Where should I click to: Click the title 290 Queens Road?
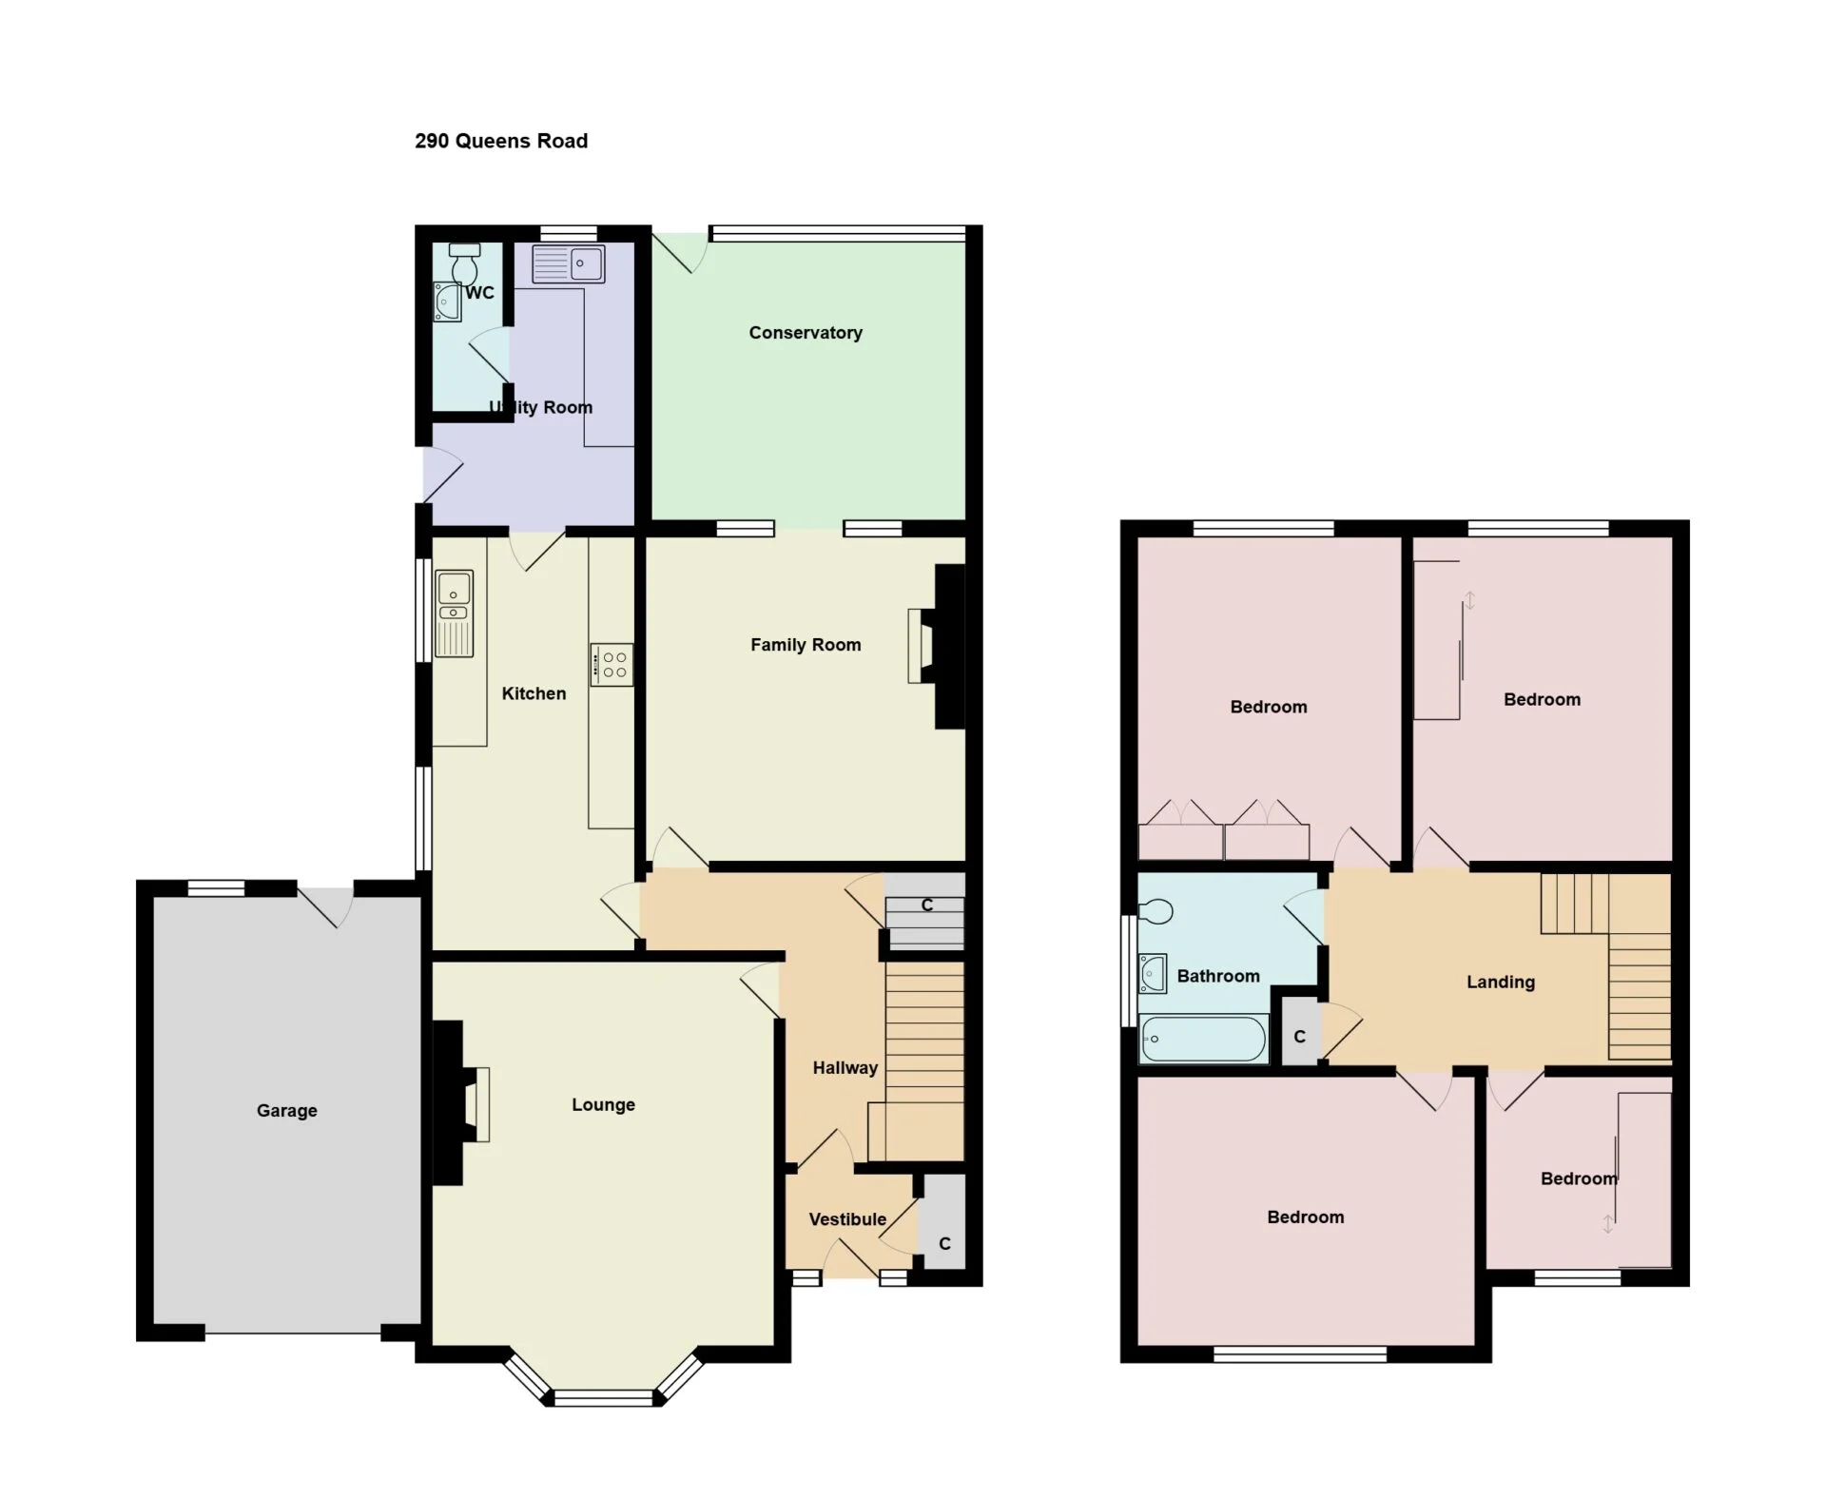click(501, 141)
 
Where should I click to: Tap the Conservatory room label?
click(806, 333)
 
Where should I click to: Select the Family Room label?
click(806, 645)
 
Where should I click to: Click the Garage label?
click(286, 1110)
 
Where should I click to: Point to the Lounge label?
click(603, 1104)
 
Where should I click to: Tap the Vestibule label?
click(847, 1219)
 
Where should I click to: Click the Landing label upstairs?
click(1501, 983)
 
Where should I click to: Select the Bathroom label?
click(1218, 976)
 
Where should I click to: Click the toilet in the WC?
click(465, 263)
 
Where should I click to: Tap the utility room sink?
click(568, 263)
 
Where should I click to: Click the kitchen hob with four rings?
click(612, 664)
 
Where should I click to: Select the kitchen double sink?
click(454, 613)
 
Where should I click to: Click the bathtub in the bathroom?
click(1203, 1039)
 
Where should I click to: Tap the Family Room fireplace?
click(937, 647)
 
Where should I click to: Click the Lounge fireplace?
click(461, 1103)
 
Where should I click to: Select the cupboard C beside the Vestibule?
click(943, 1222)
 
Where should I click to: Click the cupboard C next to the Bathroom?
click(1299, 1031)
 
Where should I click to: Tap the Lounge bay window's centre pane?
click(604, 1398)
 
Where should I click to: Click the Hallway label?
click(845, 1068)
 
